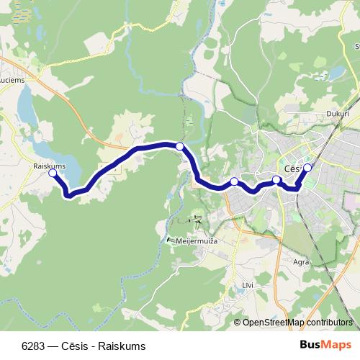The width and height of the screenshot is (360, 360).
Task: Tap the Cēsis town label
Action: (293, 168)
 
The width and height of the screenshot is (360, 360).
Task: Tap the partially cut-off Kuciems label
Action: (12, 80)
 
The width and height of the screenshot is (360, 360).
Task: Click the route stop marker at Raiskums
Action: (52, 174)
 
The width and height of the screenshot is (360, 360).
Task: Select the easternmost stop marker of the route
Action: (307, 168)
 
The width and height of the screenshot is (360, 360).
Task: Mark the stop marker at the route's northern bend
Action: (180, 146)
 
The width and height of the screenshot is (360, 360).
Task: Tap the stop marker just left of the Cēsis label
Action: (276, 179)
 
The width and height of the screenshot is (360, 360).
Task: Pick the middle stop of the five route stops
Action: (234, 181)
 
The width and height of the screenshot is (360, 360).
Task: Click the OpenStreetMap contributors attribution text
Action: (297, 322)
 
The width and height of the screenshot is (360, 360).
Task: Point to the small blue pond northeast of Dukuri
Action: (336, 73)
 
